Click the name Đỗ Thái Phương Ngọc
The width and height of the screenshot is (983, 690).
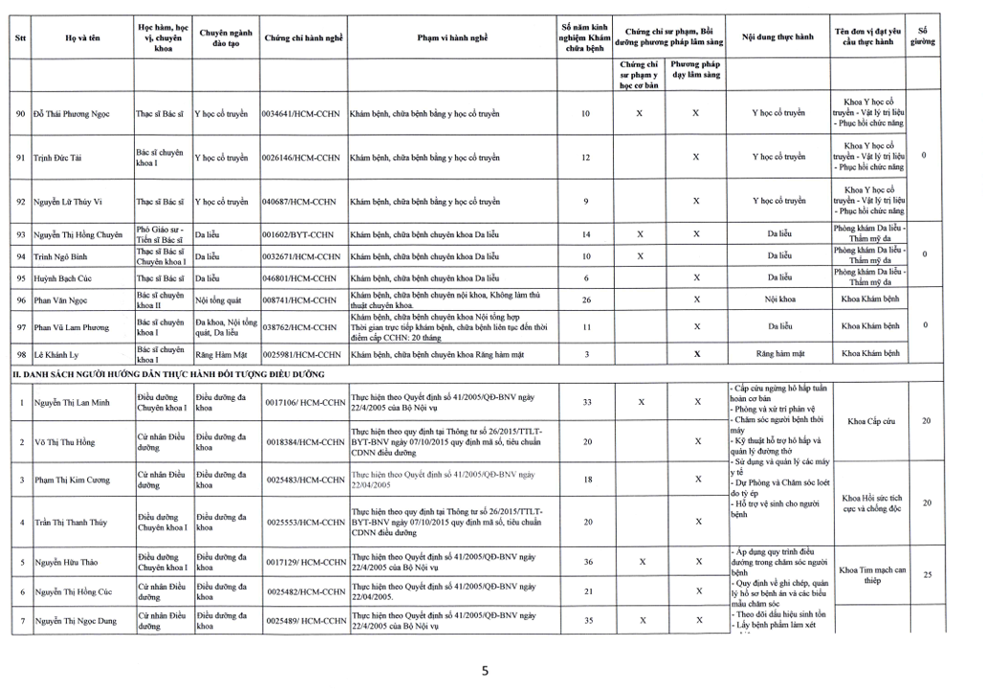[71, 114]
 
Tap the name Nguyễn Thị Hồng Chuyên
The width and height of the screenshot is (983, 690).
[78, 234]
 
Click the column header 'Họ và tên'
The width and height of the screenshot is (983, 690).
[82, 37]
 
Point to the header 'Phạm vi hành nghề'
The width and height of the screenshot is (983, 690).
[452, 37]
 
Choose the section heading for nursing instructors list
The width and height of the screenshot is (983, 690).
[167, 374]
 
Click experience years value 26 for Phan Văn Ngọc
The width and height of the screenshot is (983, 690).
[586, 300]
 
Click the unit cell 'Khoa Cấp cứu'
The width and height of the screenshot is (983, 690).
[869, 421]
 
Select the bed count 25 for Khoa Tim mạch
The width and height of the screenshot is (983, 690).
[926, 575]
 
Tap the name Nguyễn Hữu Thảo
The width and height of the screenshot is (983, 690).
[66, 562]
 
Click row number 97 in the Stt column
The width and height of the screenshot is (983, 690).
[21, 327]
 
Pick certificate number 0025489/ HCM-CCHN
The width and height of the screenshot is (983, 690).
[305, 621]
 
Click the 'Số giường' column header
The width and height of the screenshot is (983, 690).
[923, 37]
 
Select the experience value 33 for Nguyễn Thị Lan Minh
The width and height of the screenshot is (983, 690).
[586, 402]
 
